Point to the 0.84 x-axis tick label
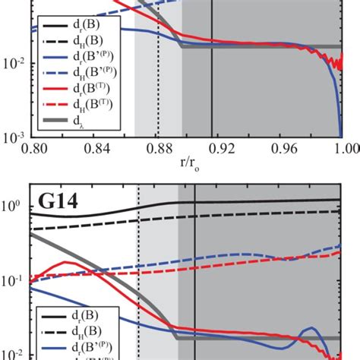tap(93, 150)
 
